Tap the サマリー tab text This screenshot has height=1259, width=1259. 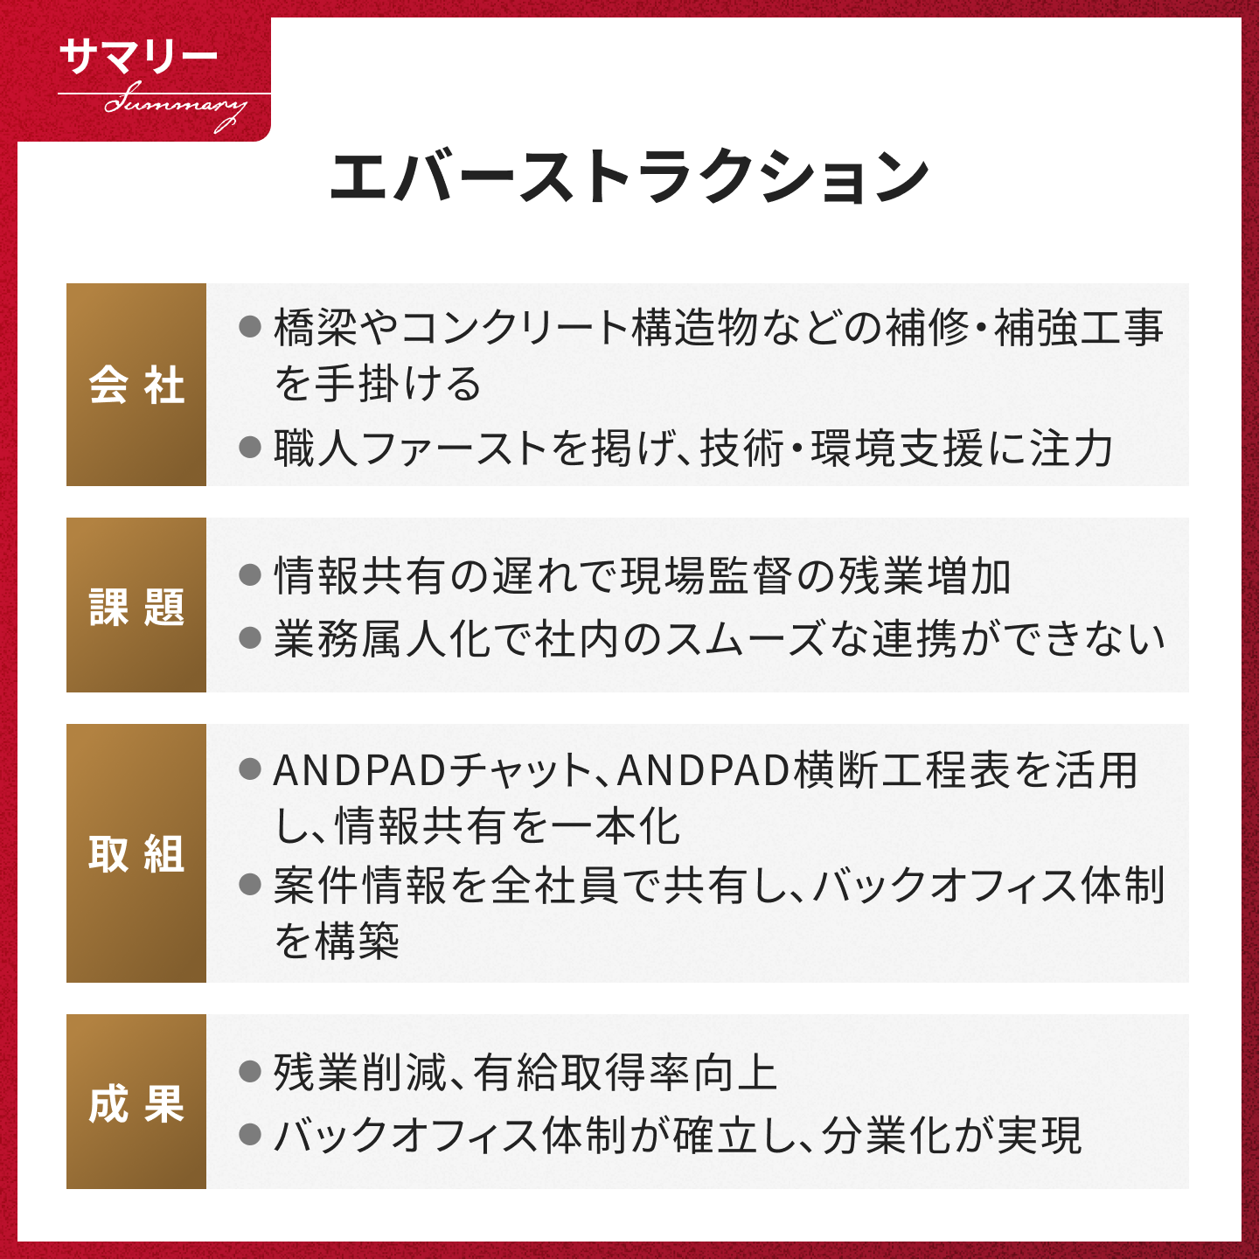pos(138,58)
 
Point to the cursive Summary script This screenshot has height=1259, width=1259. pos(175,107)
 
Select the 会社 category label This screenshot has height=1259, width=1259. pos(136,385)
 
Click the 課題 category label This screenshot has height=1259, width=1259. pos(136,606)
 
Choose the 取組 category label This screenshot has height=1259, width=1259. pos(136,852)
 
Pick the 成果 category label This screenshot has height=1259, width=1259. pos(136,1103)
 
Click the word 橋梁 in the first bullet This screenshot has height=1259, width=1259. pos(315,327)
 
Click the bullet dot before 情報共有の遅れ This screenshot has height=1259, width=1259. pos(250,576)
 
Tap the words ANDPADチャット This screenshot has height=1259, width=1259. pos(432,770)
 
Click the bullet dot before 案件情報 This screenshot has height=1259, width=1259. pos(250,885)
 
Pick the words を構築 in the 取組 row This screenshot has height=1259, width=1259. pos(337,941)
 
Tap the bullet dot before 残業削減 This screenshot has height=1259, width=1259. pos(250,1072)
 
